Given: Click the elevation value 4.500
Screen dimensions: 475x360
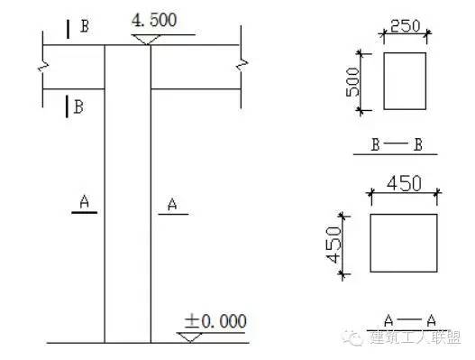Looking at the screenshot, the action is (154, 20).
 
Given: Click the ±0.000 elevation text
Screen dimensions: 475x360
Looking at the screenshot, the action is (215, 321).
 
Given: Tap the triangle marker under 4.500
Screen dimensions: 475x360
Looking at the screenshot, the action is (146, 40).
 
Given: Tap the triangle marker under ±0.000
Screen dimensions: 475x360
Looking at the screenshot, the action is (189, 337).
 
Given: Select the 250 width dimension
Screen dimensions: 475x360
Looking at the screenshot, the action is (405, 26).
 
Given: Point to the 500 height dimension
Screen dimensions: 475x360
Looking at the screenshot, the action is (353, 82).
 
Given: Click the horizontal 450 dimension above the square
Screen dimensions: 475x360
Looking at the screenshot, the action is (404, 184).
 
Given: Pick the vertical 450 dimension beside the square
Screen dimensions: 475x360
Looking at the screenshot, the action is (333, 245).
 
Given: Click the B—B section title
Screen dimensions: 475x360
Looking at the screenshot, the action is (397, 144).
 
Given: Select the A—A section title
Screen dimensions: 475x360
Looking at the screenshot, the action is (410, 320).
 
